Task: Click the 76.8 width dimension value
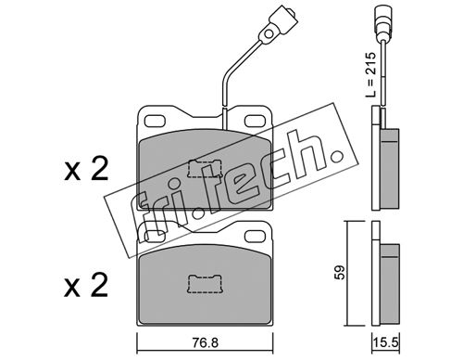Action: (206, 342)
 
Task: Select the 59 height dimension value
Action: (340, 273)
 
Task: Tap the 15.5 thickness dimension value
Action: (387, 343)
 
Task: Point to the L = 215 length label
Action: (370, 75)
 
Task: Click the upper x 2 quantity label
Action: (86, 169)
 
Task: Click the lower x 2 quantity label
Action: (86, 285)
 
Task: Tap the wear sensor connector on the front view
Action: (277, 24)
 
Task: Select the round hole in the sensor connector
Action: (269, 33)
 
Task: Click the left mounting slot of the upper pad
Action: (156, 121)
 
